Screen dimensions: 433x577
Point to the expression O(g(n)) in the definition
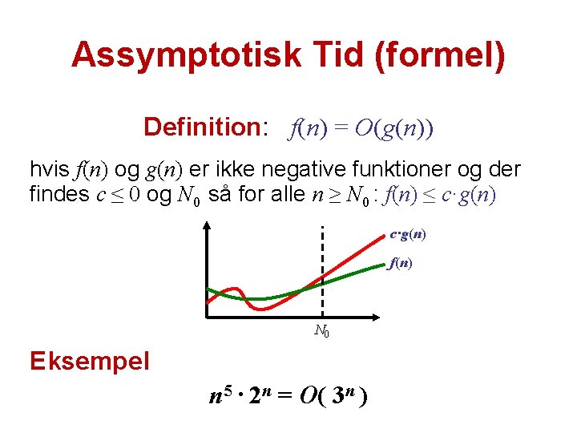[394, 127]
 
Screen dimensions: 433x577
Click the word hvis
[48, 170]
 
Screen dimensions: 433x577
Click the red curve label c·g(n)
[407, 235]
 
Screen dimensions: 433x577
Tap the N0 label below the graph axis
[322, 330]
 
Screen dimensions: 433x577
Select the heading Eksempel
[90, 361]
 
